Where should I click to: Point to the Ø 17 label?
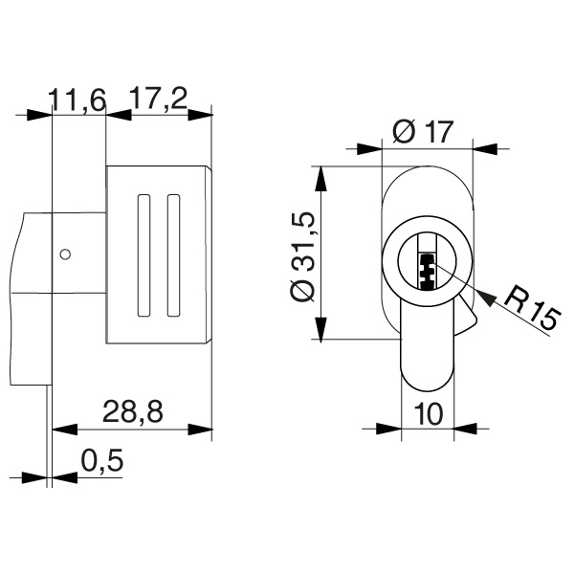coord(421,133)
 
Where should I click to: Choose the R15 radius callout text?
coord(529,308)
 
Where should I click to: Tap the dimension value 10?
coord(428,413)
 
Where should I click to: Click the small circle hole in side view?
coord(65,254)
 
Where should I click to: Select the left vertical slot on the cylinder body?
coord(145,255)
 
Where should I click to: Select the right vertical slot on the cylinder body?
coord(173,255)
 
